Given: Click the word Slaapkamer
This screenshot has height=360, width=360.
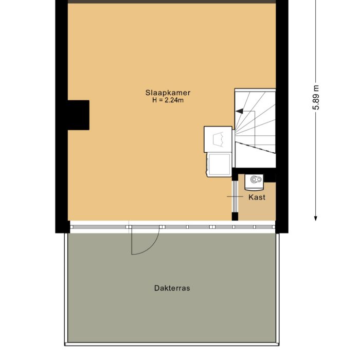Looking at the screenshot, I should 168,93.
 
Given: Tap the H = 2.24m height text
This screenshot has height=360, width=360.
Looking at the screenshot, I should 168,101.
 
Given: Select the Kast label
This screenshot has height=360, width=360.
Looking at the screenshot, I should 257,197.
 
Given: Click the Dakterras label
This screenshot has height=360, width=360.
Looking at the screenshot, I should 172,289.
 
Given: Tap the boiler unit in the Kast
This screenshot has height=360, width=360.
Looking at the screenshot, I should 255,180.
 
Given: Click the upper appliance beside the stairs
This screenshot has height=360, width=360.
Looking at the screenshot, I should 218,139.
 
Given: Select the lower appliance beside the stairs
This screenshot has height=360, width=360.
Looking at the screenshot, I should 219,164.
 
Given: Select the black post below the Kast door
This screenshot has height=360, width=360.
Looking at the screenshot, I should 235,216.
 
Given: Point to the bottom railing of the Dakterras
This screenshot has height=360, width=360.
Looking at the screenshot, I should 172,343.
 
